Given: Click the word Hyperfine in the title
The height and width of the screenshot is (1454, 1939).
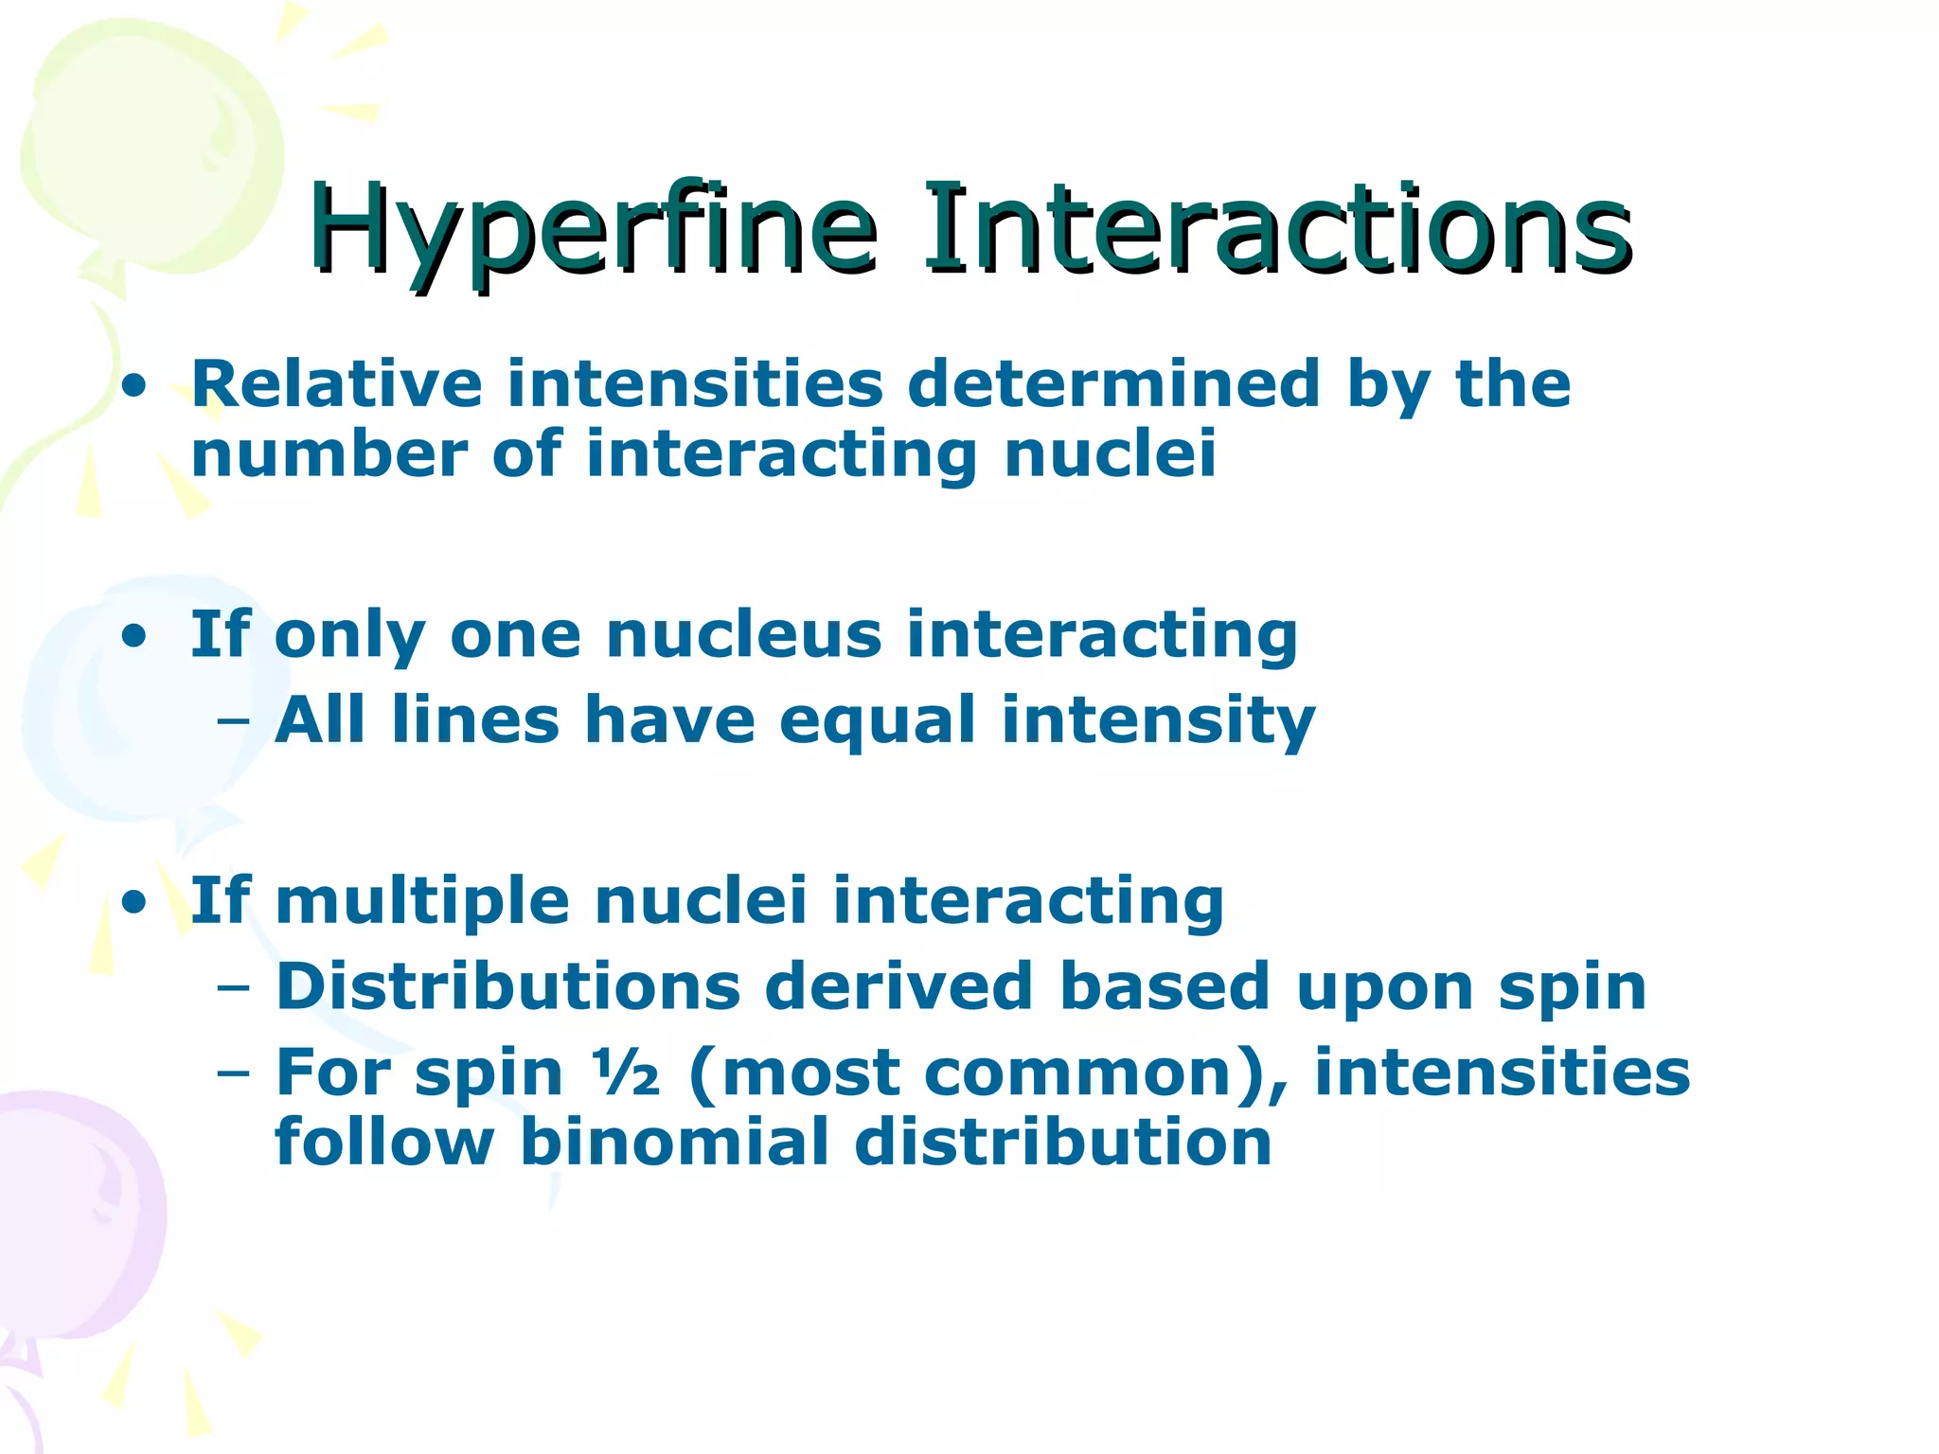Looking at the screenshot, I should pos(592,230).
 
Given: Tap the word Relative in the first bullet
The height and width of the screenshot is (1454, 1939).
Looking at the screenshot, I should pos(337,384).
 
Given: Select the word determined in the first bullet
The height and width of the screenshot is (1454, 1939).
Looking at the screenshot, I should pos(1113,384).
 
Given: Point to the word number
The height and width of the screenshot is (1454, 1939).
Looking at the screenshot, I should pos(329,454).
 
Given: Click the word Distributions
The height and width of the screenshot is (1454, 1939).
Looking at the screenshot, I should pos(507,987).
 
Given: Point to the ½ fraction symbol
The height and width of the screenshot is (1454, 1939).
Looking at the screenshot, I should pos(626,1073).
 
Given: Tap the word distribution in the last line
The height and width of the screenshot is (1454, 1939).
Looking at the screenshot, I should pos(1062,1144).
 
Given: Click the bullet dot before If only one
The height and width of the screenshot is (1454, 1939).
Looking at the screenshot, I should pos(134,637).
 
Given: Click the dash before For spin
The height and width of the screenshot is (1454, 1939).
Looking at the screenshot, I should pos(233,1075).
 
